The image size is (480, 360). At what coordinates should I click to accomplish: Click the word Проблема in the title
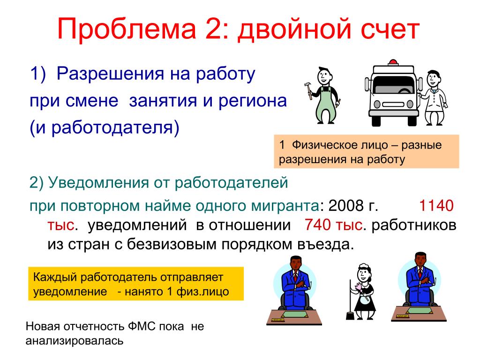click(x=127, y=29)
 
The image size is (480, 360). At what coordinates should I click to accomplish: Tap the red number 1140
click(x=436, y=205)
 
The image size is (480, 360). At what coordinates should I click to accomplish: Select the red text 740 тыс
click(x=334, y=225)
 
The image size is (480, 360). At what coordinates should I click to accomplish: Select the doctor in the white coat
click(x=433, y=97)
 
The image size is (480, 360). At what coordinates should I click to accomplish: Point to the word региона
click(x=252, y=101)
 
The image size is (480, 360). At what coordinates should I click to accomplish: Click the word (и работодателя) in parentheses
click(x=105, y=128)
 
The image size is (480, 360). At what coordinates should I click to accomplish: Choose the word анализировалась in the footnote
click(x=75, y=341)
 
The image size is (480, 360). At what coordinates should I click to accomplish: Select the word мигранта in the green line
click(x=285, y=206)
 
